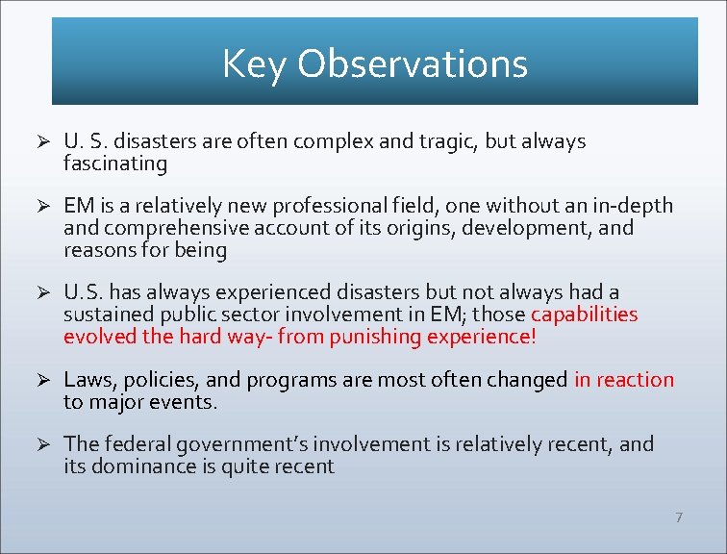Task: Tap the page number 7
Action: click(x=679, y=517)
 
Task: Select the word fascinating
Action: click(x=115, y=164)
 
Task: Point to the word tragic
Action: click(x=447, y=141)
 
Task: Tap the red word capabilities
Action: click(x=584, y=315)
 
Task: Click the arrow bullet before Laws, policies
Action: click(x=42, y=380)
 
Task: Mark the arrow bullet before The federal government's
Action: click(x=42, y=444)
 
